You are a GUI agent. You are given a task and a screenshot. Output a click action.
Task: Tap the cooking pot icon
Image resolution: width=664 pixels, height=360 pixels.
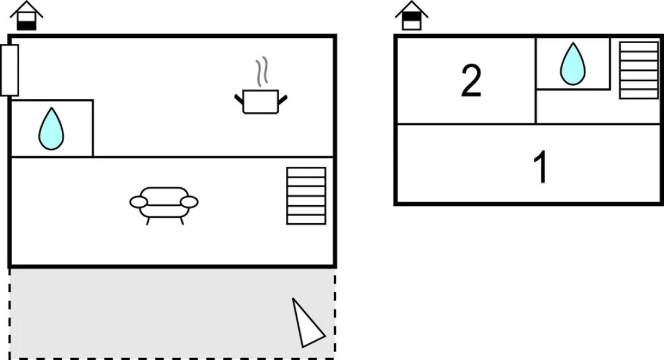(x=261, y=101)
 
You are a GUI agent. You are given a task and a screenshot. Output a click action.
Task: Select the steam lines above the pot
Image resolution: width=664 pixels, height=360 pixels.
(x=262, y=71)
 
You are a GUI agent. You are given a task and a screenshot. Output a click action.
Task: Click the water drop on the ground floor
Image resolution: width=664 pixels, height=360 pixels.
(x=51, y=129)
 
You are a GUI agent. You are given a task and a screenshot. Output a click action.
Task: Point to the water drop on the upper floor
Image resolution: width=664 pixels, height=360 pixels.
(x=573, y=64)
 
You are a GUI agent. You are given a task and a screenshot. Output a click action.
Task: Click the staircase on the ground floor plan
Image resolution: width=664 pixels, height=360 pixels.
(x=306, y=196)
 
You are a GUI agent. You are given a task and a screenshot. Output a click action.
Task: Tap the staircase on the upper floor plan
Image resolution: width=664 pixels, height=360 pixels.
(x=639, y=70)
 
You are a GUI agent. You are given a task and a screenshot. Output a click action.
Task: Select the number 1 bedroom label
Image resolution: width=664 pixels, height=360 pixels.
(x=541, y=167)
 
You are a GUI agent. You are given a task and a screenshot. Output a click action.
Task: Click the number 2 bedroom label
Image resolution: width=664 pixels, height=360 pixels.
(x=471, y=80)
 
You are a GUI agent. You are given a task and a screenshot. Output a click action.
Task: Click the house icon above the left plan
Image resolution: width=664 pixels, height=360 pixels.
(x=26, y=16)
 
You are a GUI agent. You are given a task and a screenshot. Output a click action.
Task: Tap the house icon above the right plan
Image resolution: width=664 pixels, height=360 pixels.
(x=411, y=16)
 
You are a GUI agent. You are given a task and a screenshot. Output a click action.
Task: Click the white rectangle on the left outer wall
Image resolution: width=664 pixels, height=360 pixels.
(x=10, y=70)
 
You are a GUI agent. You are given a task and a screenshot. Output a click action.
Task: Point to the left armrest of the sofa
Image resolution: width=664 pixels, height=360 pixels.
(x=139, y=202)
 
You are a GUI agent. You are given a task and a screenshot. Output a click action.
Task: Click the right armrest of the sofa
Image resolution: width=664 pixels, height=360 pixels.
(x=189, y=202)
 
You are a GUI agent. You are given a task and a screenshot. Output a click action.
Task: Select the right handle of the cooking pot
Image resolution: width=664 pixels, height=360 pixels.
(x=283, y=100)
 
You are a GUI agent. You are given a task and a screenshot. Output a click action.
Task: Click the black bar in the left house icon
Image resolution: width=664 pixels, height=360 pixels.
(x=26, y=25)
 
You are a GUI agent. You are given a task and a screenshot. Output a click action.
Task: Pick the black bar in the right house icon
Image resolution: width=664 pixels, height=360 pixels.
(x=411, y=17)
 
